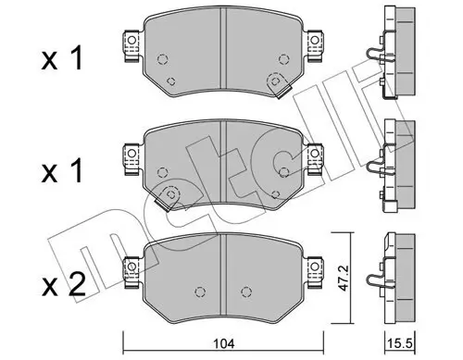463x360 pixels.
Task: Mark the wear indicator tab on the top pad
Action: coord(276,81)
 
